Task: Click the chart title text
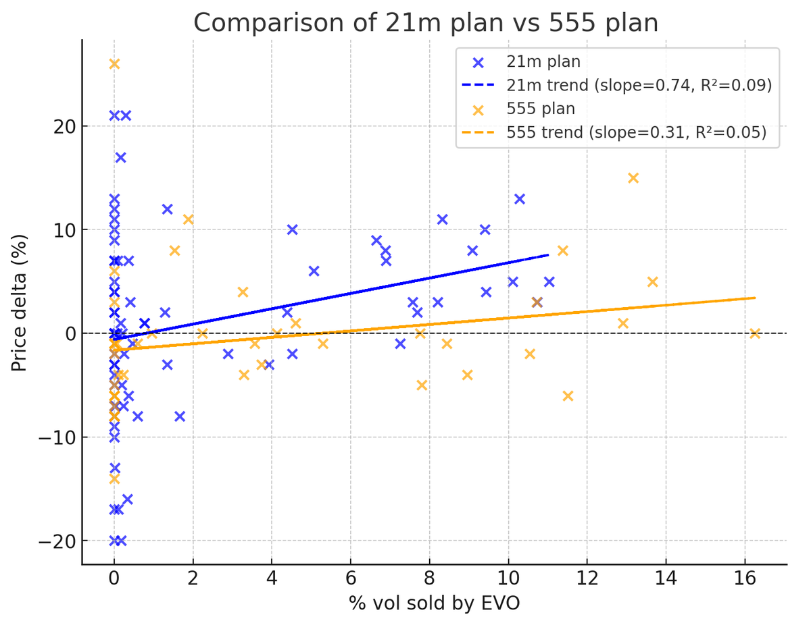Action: pos(426,23)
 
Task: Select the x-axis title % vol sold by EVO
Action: pos(434,603)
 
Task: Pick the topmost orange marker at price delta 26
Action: pos(114,64)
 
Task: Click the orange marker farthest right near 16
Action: pos(755,333)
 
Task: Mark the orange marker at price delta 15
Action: pos(633,178)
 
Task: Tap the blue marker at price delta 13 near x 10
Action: pos(520,199)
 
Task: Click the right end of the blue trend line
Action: pos(548,255)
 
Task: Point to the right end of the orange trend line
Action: pos(755,298)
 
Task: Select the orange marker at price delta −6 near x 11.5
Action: pos(568,396)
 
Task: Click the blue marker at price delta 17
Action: pos(121,157)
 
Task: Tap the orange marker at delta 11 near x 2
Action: pos(189,219)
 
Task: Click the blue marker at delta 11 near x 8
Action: pos(443,219)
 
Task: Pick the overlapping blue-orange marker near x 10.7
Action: pos(537,302)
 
